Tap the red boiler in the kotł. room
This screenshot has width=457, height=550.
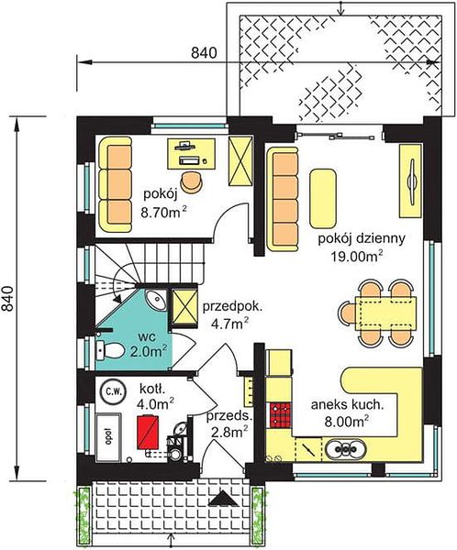click(147, 432)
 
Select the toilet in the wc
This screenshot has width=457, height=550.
click(109, 350)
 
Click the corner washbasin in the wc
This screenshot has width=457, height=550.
click(156, 301)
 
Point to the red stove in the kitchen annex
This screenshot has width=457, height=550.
click(280, 415)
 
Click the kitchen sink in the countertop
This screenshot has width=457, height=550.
click(346, 449)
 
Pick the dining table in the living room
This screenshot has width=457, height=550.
click(386, 313)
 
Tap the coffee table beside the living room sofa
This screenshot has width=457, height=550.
click(323, 198)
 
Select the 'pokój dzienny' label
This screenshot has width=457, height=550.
click(362, 238)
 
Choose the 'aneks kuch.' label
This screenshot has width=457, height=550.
click(347, 405)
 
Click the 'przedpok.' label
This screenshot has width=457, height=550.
click(232, 307)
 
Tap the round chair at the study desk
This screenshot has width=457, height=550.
click(192, 181)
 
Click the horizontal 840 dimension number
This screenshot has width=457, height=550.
click(204, 52)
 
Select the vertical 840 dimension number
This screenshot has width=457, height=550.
click(7, 299)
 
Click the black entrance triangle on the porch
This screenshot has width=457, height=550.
click(223, 499)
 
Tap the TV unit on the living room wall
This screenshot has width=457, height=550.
click(410, 181)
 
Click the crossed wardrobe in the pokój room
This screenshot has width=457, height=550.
click(240, 161)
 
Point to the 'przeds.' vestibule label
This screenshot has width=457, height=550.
click(229, 417)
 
